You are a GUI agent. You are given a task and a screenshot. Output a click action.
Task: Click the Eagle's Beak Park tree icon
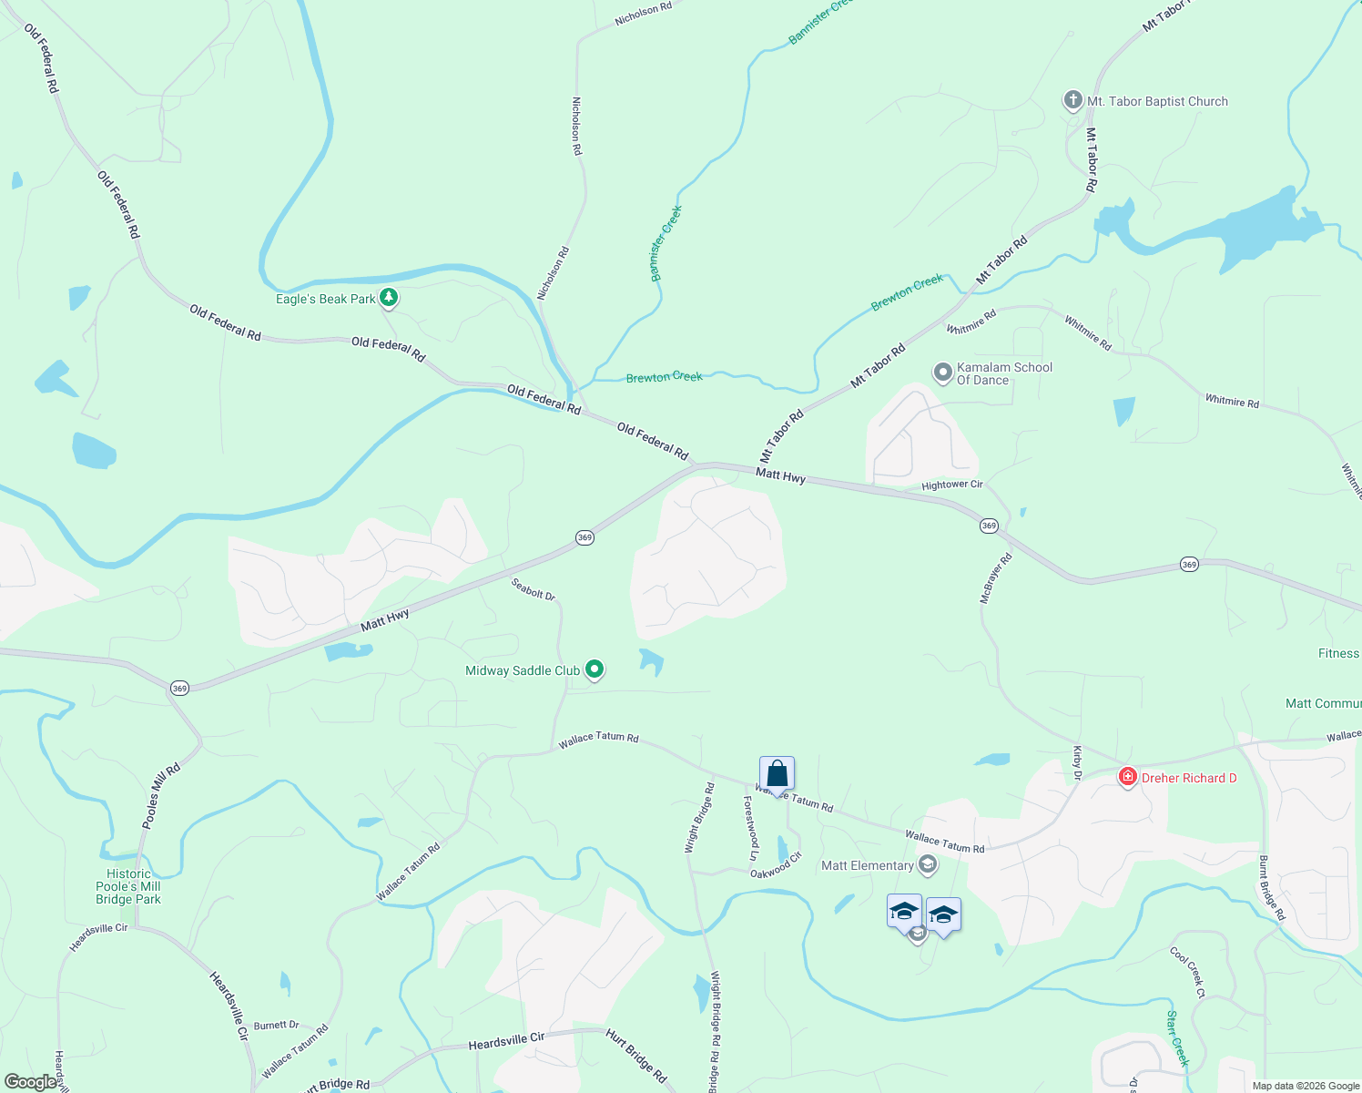pos(389,297)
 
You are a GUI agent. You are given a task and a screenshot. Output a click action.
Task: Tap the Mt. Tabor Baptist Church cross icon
pos(1073,100)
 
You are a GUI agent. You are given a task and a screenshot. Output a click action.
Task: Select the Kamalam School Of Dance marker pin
pos(943,373)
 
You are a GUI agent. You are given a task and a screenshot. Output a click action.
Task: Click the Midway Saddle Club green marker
pos(595,670)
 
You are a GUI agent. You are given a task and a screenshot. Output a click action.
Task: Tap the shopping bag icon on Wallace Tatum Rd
pos(777,774)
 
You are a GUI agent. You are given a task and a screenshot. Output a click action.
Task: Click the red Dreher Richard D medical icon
pos(1128,777)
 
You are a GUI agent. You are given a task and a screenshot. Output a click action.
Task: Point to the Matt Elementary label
pos(868,865)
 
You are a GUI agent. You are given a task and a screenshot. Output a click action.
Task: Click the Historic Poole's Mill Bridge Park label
pos(128,886)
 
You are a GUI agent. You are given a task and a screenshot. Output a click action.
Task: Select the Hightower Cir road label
pos(952,485)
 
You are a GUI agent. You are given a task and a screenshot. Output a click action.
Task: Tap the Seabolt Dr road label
pos(533,589)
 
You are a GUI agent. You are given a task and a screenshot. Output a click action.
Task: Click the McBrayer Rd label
pos(995,578)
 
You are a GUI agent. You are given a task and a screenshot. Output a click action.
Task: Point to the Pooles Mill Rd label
pos(161,795)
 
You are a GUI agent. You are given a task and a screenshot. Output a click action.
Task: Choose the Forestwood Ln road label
pos(752,828)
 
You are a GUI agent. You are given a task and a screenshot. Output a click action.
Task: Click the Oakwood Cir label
pos(776,865)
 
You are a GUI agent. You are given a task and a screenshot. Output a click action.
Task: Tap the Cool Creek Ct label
pos(1188,972)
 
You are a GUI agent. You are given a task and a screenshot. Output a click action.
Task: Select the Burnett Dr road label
pos(277,1026)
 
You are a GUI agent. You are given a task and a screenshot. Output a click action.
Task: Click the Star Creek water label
pos(1178,1037)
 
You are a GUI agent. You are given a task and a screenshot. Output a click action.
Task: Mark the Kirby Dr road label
pos(1077,763)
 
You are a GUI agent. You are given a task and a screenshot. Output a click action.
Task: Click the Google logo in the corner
pos(31,1082)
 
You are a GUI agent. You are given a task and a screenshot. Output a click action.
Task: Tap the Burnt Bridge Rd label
pos(1271,887)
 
